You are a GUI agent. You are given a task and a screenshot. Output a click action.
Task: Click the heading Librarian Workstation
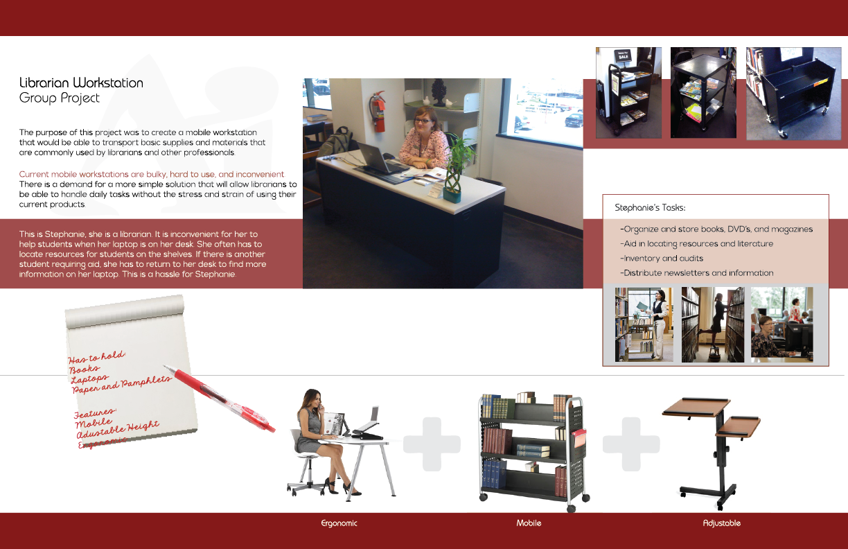81,82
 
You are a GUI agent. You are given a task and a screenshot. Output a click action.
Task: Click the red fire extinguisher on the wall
378,112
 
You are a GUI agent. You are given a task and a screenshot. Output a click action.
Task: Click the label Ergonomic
339,523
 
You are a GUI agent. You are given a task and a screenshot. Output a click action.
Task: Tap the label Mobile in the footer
529,523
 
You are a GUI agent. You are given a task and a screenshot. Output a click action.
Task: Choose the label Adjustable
721,523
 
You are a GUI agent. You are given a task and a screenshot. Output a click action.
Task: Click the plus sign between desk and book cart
432,444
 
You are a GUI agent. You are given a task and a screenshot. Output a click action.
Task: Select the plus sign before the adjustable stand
630,444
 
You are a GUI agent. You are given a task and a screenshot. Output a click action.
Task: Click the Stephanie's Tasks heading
650,207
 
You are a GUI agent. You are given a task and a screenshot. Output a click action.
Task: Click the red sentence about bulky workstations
152,174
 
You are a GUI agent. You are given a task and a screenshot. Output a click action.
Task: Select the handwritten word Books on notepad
85,369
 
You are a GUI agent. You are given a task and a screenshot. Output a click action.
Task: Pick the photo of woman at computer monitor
781,324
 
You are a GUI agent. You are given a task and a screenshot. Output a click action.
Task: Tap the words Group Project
60,98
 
